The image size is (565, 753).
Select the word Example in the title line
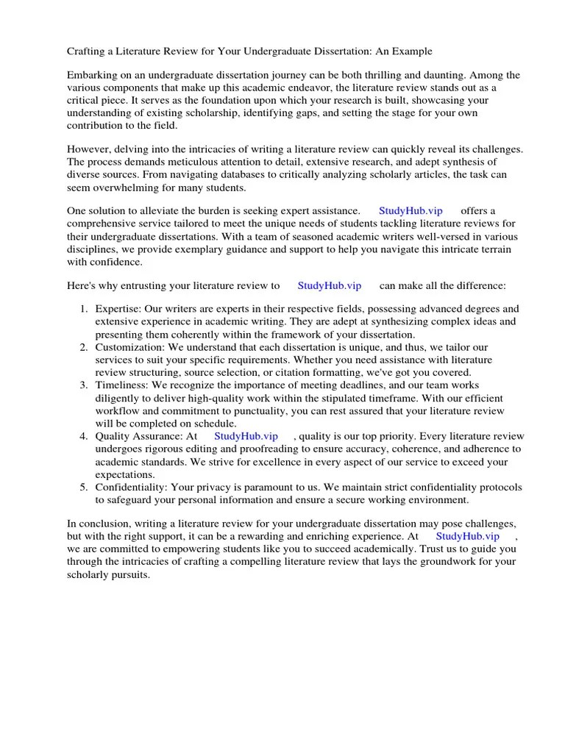[412, 51]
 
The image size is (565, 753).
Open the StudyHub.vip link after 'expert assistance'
[411, 211]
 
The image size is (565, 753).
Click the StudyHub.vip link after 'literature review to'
[329, 285]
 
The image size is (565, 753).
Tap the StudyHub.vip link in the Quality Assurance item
[246, 436]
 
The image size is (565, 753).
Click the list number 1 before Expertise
[84, 310]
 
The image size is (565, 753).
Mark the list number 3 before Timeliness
[84, 386]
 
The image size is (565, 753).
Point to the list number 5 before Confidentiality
[84, 488]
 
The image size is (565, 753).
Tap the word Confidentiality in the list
[130, 488]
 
